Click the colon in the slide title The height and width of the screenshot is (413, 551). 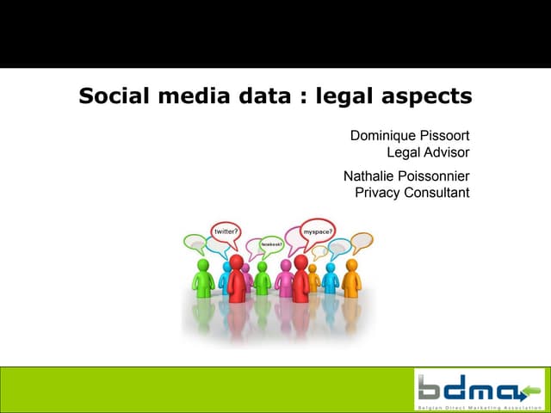tap(299, 97)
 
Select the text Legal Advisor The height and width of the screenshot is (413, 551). tap(428, 153)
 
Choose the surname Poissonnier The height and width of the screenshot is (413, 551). tap(436, 176)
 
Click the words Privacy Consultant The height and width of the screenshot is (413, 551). tap(412, 193)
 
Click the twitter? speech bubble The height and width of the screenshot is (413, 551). tap(226, 231)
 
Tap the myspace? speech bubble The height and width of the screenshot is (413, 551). tap(318, 231)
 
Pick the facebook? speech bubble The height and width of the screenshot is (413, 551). tap(271, 243)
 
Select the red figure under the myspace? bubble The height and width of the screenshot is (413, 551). tap(300, 278)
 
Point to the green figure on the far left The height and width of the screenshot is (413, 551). tap(204, 277)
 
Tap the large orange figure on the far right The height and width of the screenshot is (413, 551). tap(350, 277)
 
